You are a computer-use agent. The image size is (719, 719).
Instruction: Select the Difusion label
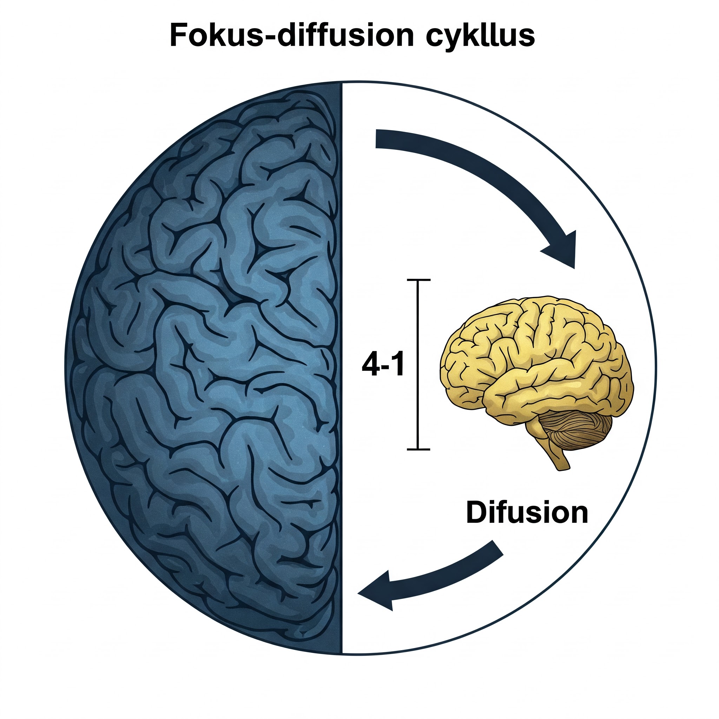pyautogui.click(x=527, y=513)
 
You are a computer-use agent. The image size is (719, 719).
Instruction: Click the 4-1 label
pyautogui.click(x=383, y=365)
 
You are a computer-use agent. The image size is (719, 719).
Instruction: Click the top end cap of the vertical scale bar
pyautogui.click(x=419, y=279)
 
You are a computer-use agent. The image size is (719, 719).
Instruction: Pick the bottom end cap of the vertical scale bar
pyautogui.click(x=419, y=449)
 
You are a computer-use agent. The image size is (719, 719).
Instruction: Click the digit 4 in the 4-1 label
pyautogui.click(x=370, y=365)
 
